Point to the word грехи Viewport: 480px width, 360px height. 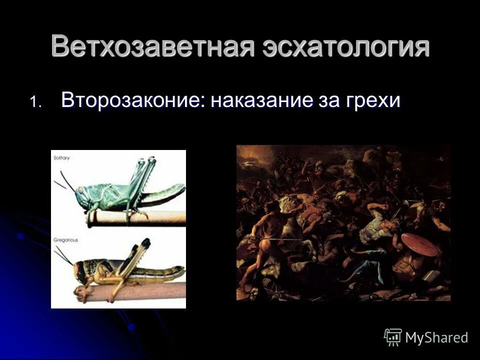pos(372,100)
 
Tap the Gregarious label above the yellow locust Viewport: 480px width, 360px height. pos(65,240)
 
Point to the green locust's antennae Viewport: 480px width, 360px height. pos(66,180)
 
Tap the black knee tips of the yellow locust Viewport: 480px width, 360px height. pos(145,244)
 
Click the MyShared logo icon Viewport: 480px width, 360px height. pos(393,337)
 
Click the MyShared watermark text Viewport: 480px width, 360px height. pos(436,337)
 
